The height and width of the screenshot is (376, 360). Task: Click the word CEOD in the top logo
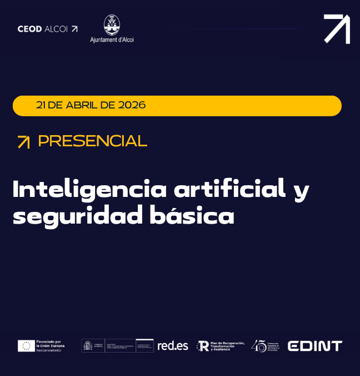[x=29, y=29]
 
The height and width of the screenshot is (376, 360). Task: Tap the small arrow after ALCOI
[x=74, y=29]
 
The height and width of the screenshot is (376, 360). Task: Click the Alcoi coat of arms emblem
[x=112, y=25]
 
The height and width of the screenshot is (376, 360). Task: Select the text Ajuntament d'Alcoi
[x=112, y=39]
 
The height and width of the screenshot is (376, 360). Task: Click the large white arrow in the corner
[x=337, y=29]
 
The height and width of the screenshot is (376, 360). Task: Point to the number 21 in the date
[x=41, y=105]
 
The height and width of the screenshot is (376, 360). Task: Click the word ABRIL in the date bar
[x=83, y=105]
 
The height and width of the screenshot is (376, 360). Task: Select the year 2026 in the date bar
[x=132, y=105]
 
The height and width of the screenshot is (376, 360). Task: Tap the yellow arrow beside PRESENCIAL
[x=23, y=142]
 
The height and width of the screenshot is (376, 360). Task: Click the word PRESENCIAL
[x=92, y=141]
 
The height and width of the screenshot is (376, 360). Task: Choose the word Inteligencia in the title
[x=89, y=190]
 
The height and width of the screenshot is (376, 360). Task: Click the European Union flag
[x=26, y=346]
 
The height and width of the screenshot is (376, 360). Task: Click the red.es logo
[x=173, y=346]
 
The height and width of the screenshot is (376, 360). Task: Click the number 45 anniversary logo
[x=258, y=346]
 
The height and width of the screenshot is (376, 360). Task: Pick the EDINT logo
[x=315, y=346]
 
